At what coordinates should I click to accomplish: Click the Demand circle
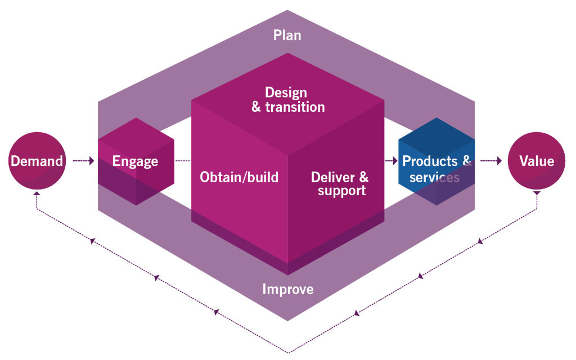click(x=37, y=161)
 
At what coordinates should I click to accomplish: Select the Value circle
click(x=537, y=161)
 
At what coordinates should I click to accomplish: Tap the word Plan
click(x=287, y=35)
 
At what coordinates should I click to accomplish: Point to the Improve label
click(x=288, y=290)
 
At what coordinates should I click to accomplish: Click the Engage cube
click(x=136, y=161)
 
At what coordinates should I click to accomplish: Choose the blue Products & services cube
click(x=436, y=161)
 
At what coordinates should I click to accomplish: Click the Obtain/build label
click(x=239, y=177)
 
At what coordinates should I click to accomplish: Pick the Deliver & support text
click(x=340, y=184)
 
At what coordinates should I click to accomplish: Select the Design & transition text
click(x=288, y=100)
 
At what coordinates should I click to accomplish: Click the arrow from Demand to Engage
click(x=83, y=160)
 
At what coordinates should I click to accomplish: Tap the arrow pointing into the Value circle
click(x=491, y=160)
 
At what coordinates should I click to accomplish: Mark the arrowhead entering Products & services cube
click(x=395, y=160)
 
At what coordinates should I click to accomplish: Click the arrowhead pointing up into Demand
click(x=37, y=193)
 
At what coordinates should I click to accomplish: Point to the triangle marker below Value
click(x=537, y=193)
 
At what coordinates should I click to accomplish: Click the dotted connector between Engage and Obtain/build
click(x=183, y=160)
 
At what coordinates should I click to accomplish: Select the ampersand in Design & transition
click(x=256, y=107)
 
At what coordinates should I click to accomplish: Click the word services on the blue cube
click(x=435, y=177)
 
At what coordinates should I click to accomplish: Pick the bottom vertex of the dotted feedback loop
click(x=289, y=353)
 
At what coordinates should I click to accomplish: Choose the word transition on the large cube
click(x=295, y=107)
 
